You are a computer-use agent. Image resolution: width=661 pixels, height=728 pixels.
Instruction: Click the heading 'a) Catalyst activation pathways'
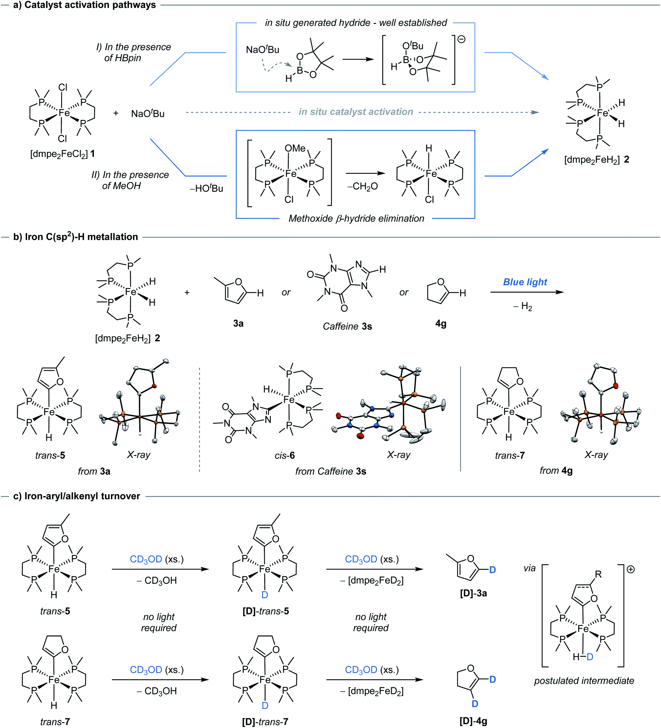85,5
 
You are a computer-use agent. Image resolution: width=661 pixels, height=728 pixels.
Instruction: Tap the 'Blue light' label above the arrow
525,282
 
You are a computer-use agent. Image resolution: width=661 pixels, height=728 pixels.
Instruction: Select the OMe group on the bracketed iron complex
295,149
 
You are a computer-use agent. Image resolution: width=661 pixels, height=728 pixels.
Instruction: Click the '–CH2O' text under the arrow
362,186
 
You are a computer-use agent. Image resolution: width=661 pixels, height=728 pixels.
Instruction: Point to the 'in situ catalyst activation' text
355,112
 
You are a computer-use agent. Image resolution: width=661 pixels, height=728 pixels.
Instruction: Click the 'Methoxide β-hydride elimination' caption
356,218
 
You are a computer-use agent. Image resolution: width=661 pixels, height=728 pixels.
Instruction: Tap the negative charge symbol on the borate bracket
461,39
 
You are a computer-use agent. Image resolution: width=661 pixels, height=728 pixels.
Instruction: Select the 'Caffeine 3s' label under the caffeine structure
347,326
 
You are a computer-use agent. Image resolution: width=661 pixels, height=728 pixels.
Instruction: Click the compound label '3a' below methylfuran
238,324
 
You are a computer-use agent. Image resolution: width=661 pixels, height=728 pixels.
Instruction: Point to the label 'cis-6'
284,455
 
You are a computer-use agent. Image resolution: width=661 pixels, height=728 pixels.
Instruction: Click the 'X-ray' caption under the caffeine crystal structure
398,455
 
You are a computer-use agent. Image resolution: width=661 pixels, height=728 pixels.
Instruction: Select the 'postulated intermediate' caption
584,681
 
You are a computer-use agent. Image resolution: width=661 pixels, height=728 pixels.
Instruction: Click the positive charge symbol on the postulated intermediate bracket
631,569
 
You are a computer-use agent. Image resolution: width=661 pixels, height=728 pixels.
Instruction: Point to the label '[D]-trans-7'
265,722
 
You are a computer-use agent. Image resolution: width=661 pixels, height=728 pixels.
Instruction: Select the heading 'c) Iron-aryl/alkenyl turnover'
77,496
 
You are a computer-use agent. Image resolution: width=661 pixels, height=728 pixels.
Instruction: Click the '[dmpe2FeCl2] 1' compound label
62,154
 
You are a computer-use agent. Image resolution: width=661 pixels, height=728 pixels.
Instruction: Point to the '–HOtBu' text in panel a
206,188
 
